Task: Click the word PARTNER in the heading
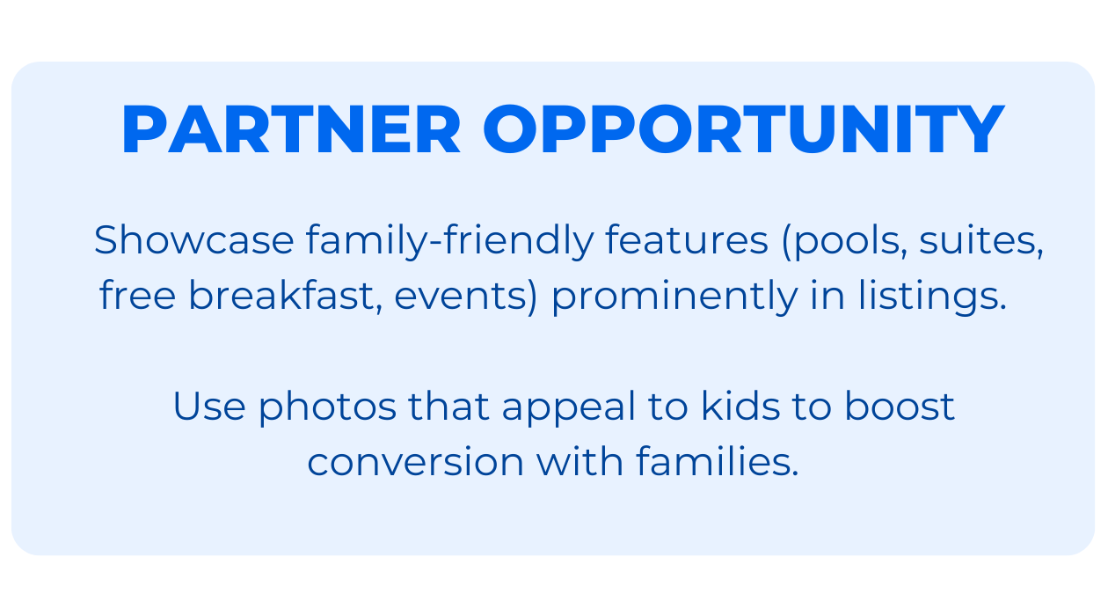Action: point(291,131)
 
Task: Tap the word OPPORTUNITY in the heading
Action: point(743,131)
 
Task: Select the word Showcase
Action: point(193,240)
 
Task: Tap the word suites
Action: point(980,240)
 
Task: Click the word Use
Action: point(208,407)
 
